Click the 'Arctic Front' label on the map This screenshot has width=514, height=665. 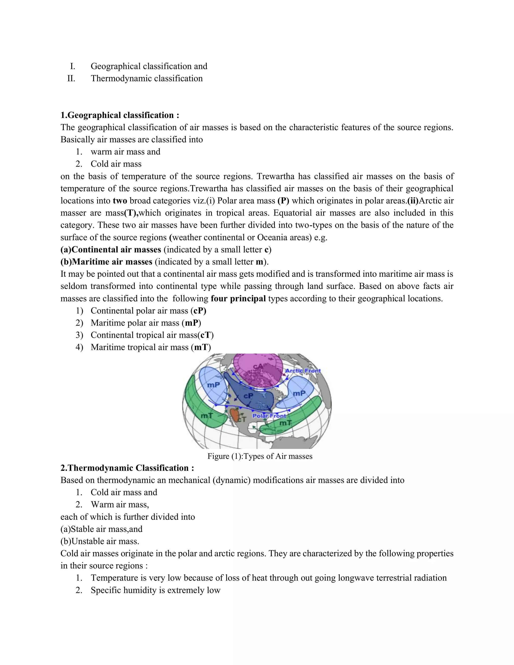tap(303, 371)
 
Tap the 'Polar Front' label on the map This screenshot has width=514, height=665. tap(269, 416)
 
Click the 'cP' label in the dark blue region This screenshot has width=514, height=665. tap(248, 395)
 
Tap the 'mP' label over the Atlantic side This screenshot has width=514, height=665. tap(299, 393)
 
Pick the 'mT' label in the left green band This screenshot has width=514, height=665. tap(207, 415)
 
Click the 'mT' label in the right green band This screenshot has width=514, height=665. tap(285, 423)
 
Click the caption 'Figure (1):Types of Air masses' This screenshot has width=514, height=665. tap(260, 456)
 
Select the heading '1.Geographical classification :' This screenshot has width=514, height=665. tap(120, 115)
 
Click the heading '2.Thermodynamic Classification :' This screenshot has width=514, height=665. tap(127, 468)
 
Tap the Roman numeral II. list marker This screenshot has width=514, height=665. tap(71, 79)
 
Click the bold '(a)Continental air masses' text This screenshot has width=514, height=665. tap(111, 250)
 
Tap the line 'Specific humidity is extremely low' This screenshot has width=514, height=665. tap(155, 590)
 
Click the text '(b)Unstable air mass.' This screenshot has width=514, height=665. tap(100, 541)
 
